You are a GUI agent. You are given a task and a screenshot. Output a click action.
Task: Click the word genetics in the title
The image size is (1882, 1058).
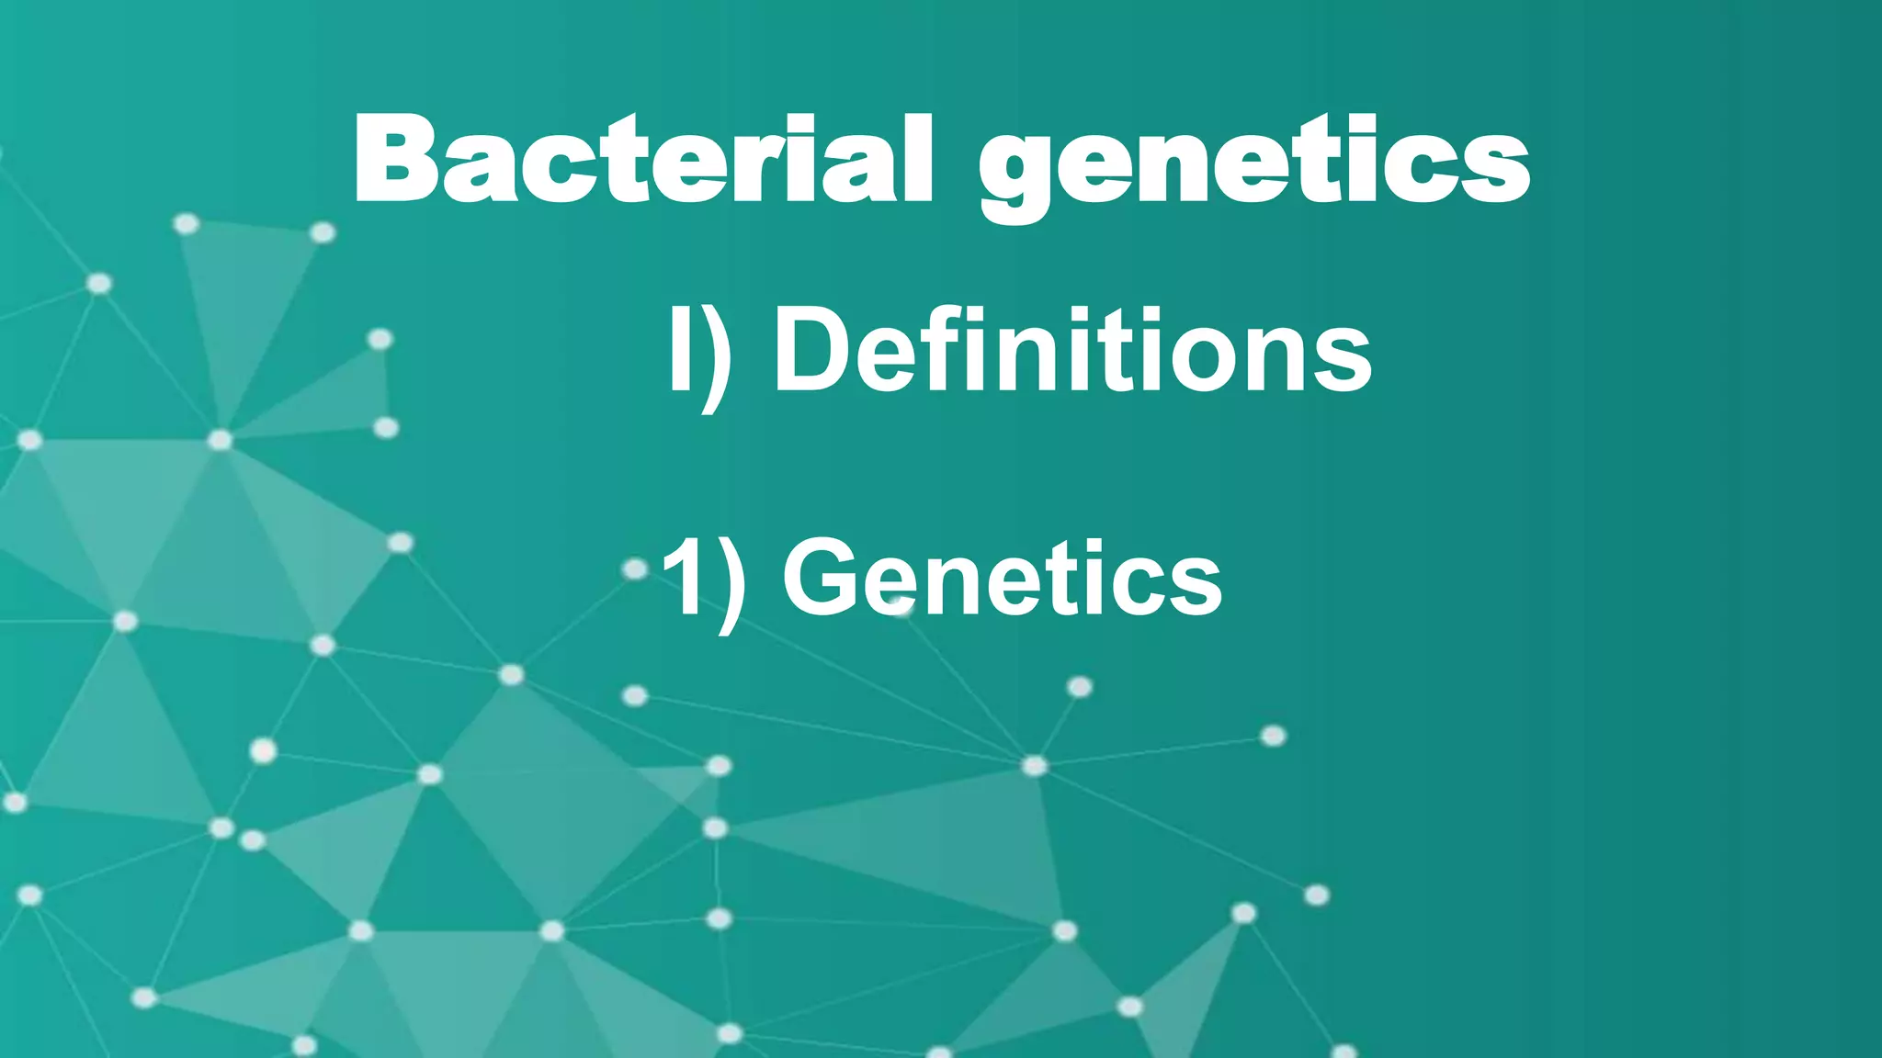(x=1254, y=165)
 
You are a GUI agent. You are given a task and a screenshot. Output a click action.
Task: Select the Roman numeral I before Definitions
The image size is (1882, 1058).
(x=681, y=349)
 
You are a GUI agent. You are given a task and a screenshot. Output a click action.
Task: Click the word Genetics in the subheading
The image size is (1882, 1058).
(x=1002, y=579)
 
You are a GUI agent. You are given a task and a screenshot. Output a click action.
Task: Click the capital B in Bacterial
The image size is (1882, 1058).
(x=395, y=158)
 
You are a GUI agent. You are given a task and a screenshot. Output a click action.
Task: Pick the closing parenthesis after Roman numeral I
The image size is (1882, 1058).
(x=717, y=358)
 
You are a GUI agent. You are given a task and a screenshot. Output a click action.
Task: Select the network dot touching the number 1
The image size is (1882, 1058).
(x=635, y=570)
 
